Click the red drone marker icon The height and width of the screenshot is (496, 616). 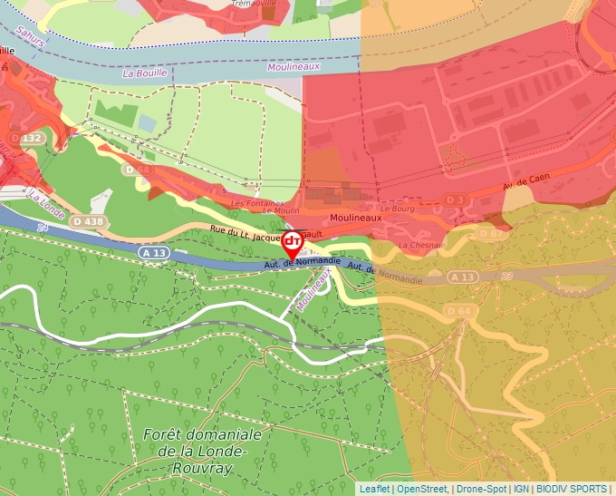[x=293, y=241]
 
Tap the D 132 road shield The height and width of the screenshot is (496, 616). [x=30, y=139]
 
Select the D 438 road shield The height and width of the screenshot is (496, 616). [x=88, y=221]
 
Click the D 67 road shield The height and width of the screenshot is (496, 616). [x=489, y=234]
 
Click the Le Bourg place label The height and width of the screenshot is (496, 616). [x=396, y=208]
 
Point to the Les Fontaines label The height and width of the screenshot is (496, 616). [x=257, y=203]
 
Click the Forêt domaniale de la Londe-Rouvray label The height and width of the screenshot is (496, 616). [x=202, y=452]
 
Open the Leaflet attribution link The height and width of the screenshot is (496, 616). [x=374, y=489]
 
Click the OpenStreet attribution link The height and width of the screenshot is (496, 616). [x=422, y=489]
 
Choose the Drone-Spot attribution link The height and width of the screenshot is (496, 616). [x=482, y=489]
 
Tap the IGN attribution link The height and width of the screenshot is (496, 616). [x=522, y=489]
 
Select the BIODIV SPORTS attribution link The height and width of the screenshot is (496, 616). [x=572, y=489]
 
